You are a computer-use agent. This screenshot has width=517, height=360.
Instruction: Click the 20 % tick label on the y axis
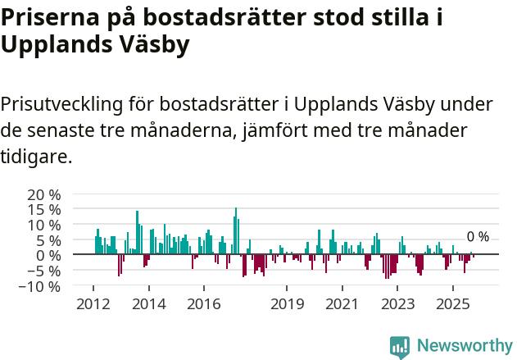(x=44, y=194)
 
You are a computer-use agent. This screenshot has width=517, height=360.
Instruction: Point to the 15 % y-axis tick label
(x=44, y=210)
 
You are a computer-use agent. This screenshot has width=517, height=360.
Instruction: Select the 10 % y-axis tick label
(x=44, y=225)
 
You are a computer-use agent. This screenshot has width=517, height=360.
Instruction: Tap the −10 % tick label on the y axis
(x=41, y=286)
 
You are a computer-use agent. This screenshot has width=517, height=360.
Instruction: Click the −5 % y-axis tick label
(x=44, y=271)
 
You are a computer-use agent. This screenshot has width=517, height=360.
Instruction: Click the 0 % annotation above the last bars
(x=478, y=237)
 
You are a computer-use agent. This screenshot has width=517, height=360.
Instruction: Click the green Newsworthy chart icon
(x=400, y=346)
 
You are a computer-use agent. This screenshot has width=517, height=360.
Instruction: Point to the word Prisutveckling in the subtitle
(x=62, y=105)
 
